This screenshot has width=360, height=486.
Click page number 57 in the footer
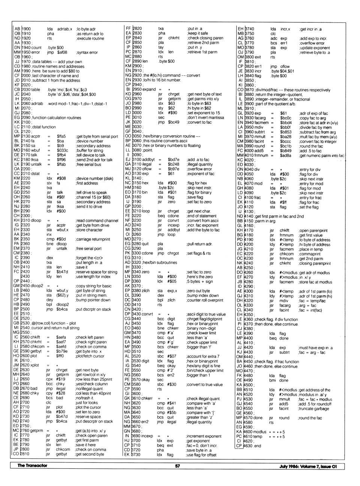[177, 466]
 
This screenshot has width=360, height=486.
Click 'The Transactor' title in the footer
[32, 466]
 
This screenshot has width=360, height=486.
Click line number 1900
[26, 29]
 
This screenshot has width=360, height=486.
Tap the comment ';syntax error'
[87, 52]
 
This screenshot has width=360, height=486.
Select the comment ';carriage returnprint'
[93, 239]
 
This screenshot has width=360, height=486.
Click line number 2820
[137, 28]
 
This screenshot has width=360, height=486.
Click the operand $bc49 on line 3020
[174, 122]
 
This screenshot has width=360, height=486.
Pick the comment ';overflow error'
[199, 169]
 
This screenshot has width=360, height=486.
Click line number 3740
[249, 29]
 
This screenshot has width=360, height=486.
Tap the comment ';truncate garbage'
[313, 408]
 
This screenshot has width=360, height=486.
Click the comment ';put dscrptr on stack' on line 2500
[93, 310]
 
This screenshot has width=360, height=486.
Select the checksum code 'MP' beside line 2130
[16, 136]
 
